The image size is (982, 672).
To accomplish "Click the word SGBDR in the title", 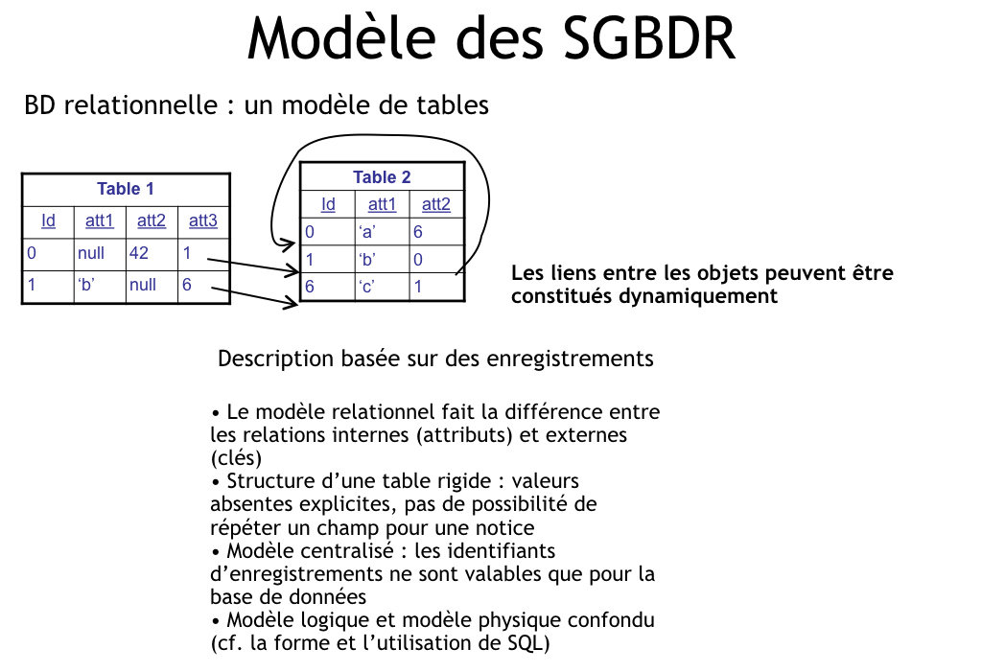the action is (649, 38).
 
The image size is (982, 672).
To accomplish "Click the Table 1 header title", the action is (126, 189).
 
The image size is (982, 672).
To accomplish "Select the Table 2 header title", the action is (382, 177).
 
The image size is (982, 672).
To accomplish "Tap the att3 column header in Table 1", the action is (203, 220).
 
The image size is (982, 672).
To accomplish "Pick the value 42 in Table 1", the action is (139, 253).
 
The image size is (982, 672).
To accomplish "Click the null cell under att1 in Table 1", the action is (91, 253).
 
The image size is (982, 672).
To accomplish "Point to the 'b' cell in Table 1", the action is (86, 285).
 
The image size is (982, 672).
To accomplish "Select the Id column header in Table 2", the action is (328, 204).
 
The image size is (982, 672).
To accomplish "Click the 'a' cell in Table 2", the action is (367, 232).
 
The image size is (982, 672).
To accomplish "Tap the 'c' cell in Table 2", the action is (367, 287).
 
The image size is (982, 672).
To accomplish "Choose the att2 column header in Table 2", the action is (436, 204).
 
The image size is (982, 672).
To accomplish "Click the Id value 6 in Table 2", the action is (310, 287).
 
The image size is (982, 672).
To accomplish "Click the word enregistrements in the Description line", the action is (570, 359).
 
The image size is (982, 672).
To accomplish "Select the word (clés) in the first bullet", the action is (236, 458).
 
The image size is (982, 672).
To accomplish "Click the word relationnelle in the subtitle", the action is (140, 104).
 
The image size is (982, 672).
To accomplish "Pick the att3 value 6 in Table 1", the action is (187, 285).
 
